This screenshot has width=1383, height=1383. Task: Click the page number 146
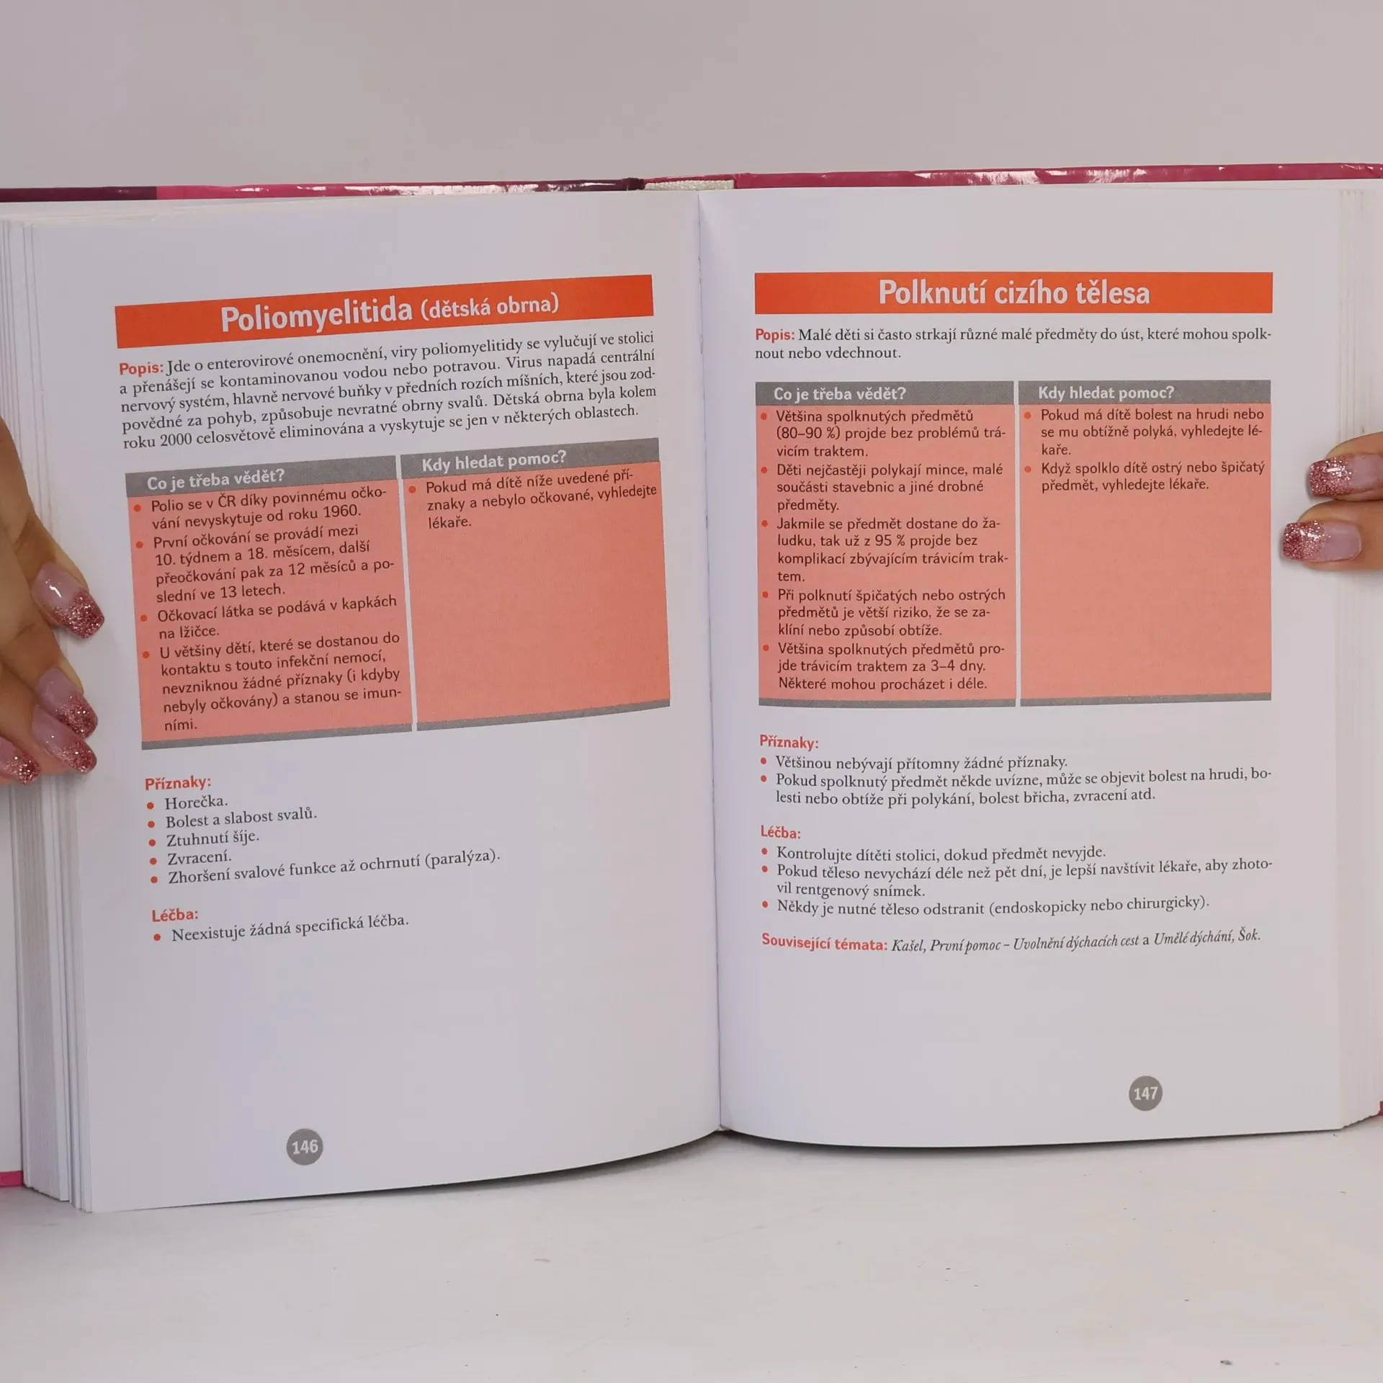[x=305, y=1146]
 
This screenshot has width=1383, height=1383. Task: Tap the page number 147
[x=1145, y=1093]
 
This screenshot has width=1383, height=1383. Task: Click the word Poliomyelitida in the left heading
[x=316, y=315]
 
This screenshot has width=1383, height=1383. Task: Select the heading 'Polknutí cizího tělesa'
[x=1013, y=292]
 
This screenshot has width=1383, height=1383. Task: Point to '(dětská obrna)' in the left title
[x=490, y=306]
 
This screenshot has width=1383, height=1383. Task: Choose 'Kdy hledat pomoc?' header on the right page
[x=1106, y=393]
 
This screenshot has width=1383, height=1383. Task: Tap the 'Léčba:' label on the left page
[x=175, y=915]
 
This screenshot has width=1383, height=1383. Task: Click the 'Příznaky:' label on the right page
[x=789, y=742]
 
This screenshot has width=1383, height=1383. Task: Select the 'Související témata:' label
[x=824, y=943]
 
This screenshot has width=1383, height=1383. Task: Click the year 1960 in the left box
[x=341, y=512]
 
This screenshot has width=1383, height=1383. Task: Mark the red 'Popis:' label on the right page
[x=774, y=335]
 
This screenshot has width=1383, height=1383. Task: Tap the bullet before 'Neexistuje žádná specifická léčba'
[x=157, y=937]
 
